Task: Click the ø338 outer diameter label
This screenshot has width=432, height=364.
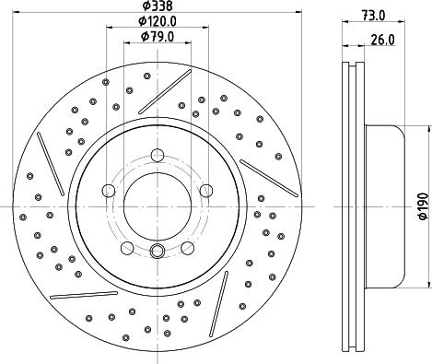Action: click(158, 6)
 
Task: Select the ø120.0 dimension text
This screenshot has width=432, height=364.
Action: click(158, 21)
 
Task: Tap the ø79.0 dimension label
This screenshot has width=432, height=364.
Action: click(158, 37)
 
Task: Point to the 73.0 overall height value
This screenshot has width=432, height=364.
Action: click(373, 16)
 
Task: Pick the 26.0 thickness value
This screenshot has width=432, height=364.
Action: click(382, 40)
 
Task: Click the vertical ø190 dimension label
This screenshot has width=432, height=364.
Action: click(423, 206)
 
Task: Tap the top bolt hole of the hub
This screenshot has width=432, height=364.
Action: click(158, 155)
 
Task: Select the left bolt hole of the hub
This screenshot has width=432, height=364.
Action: click(109, 191)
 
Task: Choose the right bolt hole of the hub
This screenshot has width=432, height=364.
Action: click(206, 191)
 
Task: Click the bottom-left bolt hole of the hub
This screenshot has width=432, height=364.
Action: click(127, 248)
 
